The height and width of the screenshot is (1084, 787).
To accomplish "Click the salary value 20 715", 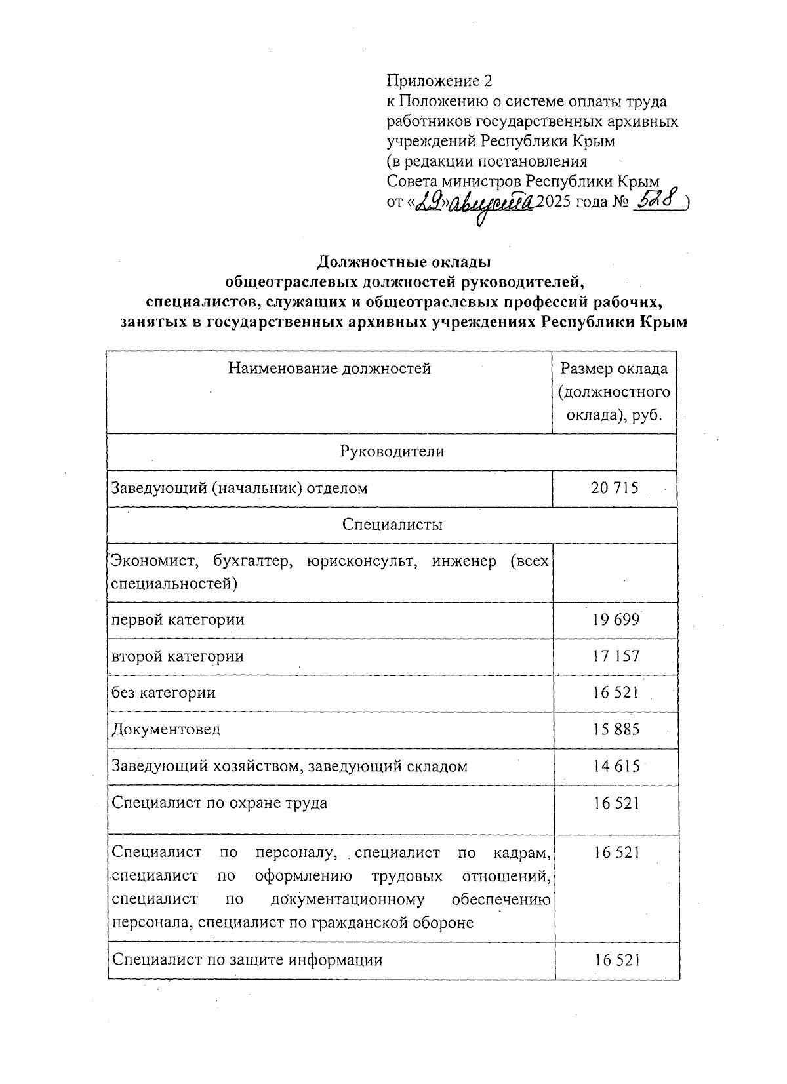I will [x=615, y=488].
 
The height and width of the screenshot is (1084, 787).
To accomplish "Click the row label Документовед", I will [x=166, y=729].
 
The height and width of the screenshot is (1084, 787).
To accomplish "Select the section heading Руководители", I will [x=392, y=451].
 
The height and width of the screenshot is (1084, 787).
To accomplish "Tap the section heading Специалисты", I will [x=392, y=525].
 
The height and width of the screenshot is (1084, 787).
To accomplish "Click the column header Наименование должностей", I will [x=329, y=368].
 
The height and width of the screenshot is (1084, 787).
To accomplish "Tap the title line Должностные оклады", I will [x=404, y=262].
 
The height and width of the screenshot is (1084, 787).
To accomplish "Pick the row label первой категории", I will [x=178, y=620].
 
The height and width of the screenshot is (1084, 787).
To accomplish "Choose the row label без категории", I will [x=163, y=693].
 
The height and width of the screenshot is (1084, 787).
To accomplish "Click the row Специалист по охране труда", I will [x=219, y=803].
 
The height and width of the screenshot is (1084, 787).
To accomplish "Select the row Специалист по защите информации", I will [x=247, y=960].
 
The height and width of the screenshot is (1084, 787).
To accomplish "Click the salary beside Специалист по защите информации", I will [x=616, y=960].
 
